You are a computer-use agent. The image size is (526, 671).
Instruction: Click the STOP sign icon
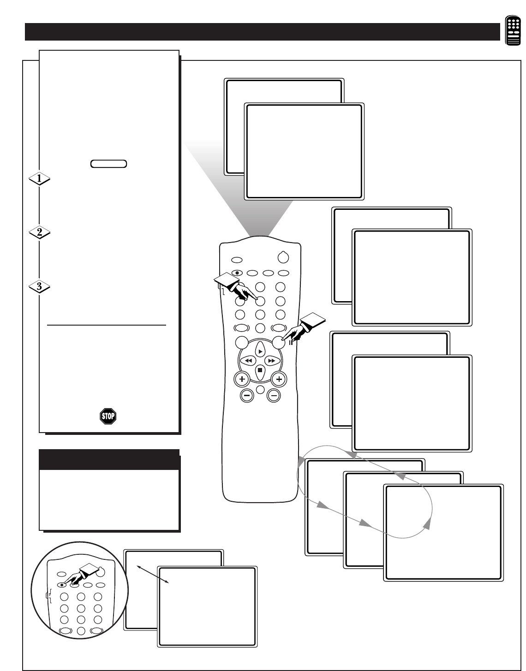click(108, 416)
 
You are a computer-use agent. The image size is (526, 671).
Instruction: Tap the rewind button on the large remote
click(248, 360)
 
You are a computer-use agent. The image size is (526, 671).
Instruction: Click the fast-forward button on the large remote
click(272, 360)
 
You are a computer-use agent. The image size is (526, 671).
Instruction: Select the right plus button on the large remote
click(279, 379)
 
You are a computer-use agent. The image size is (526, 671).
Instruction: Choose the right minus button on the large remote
click(274, 395)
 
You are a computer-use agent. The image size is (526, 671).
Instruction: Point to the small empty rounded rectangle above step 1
click(109, 164)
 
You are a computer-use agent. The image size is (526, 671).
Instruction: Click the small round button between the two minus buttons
click(260, 390)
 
